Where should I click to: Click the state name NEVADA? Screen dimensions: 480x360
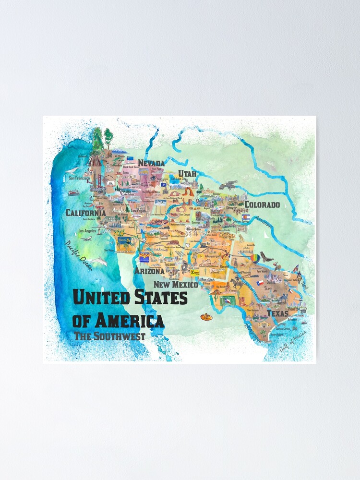pyautogui.click(x=151, y=163)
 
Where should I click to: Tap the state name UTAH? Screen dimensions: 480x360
pyautogui.click(x=187, y=173)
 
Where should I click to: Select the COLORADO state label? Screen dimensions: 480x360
pyautogui.click(x=262, y=204)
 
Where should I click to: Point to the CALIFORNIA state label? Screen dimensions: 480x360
pyautogui.click(x=86, y=213)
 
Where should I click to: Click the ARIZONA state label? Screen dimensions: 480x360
pyautogui.click(x=149, y=271)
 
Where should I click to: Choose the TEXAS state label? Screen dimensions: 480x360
pyautogui.click(x=277, y=314)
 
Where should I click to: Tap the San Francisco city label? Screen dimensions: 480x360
pyautogui.click(x=80, y=178)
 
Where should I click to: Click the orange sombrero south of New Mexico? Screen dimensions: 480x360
pyautogui.click(x=207, y=317)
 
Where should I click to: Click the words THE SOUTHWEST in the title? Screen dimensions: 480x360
pyautogui.click(x=109, y=336)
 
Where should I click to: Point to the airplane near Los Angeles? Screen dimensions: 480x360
pyautogui.click(x=86, y=238)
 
